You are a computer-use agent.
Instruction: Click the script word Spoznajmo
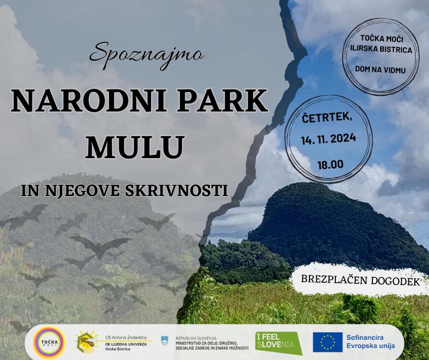pyautogui.click(x=146, y=55)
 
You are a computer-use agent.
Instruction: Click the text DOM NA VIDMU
pyautogui.click(x=380, y=69)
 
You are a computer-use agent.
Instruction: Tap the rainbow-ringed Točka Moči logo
pyautogui.click(x=50, y=342)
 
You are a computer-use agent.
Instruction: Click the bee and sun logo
pyautogui.click(x=86, y=342)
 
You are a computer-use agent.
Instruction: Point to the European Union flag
pyautogui.click(x=328, y=342)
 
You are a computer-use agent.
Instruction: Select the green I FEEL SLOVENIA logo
pyautogui.click(x=278, y=342)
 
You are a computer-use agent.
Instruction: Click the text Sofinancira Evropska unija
pyautogui.click(x=371, y=342)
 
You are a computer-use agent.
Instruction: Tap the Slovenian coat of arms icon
pyautogui.click(x=164, y=340)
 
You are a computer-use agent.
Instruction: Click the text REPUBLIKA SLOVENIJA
pyautogui.click(x=196, y=338)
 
